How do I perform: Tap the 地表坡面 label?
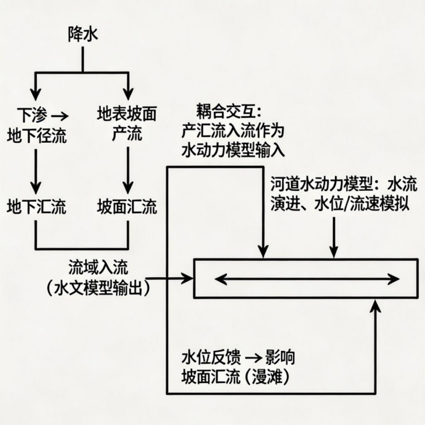(127, 116)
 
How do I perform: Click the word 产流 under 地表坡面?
(127, 135)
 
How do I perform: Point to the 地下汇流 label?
(36, 207)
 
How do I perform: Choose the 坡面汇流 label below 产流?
(127, 207)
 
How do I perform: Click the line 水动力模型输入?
(233, 150)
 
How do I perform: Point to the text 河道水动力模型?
(321, 185)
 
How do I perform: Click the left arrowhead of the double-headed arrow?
(219, 278)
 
